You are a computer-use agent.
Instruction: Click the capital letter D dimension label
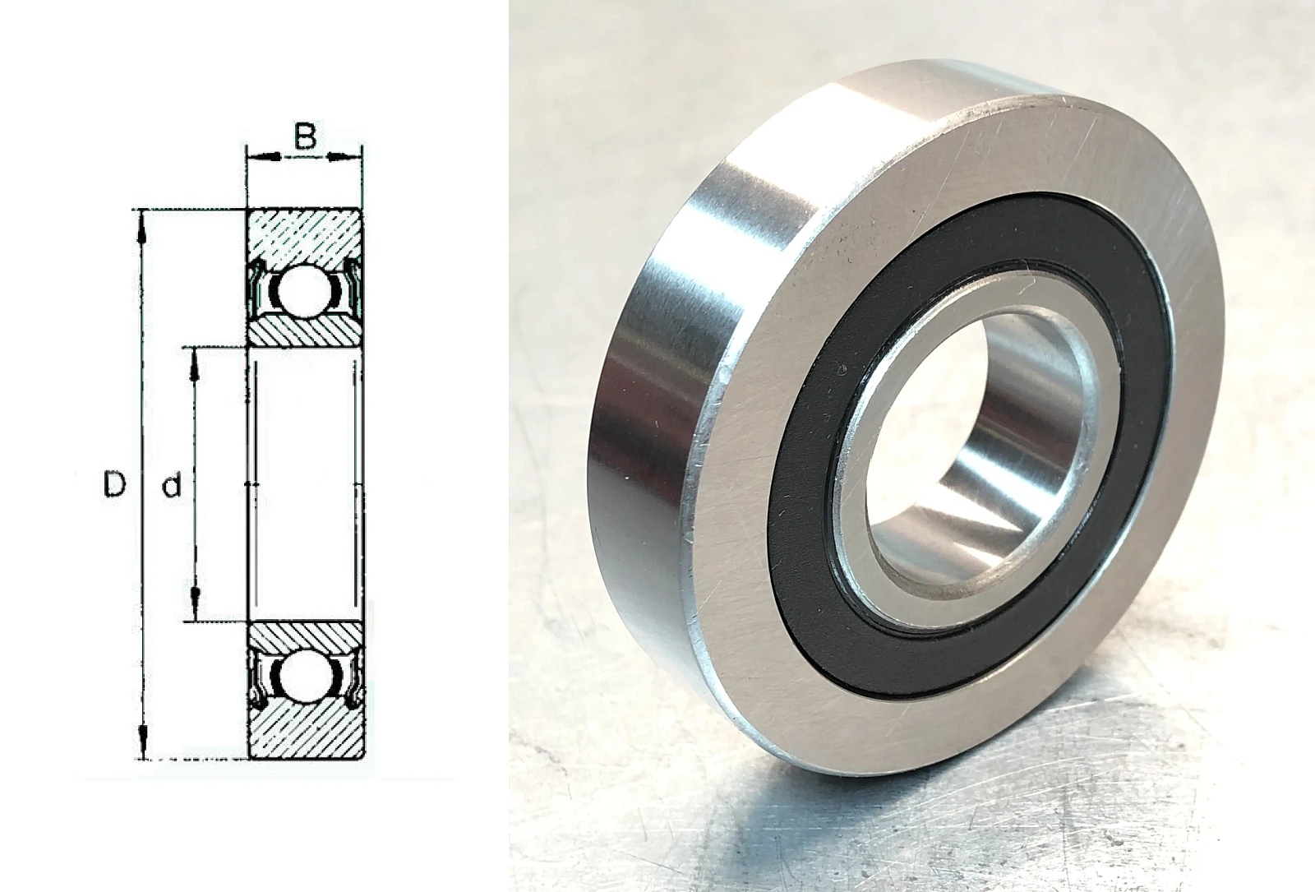[x=114, y=484]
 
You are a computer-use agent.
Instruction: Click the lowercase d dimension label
[x=172, y=485]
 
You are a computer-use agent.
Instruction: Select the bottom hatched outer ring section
[x=305, y=730]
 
